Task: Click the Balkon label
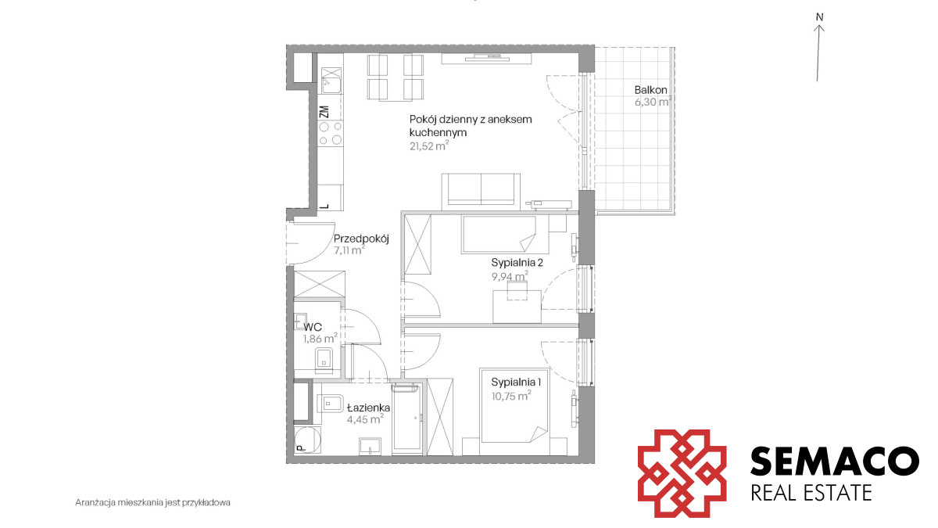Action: coord(650,90)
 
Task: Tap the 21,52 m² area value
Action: coord(429,145)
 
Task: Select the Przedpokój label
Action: coord(361,239)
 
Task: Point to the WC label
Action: coord(313,327)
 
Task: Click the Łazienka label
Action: coord(368,408)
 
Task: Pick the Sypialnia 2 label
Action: coord(517,263)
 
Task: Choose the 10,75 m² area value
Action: coord(511,396)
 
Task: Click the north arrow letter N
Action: coord(819,17)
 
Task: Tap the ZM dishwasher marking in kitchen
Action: coord(324,112)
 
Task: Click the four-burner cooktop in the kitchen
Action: coord(331,133)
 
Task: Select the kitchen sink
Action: coord(331,81)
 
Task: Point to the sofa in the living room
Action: coord(481,192)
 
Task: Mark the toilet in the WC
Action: coord(324,361)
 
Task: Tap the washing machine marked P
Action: coord(307,439)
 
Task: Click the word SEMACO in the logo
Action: coord(834,461)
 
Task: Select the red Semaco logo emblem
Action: coord(682,473)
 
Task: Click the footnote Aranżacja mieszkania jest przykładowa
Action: coord(153,502)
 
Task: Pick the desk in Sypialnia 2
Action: coord(517,307)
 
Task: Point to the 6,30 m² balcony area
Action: coord(653,102)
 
